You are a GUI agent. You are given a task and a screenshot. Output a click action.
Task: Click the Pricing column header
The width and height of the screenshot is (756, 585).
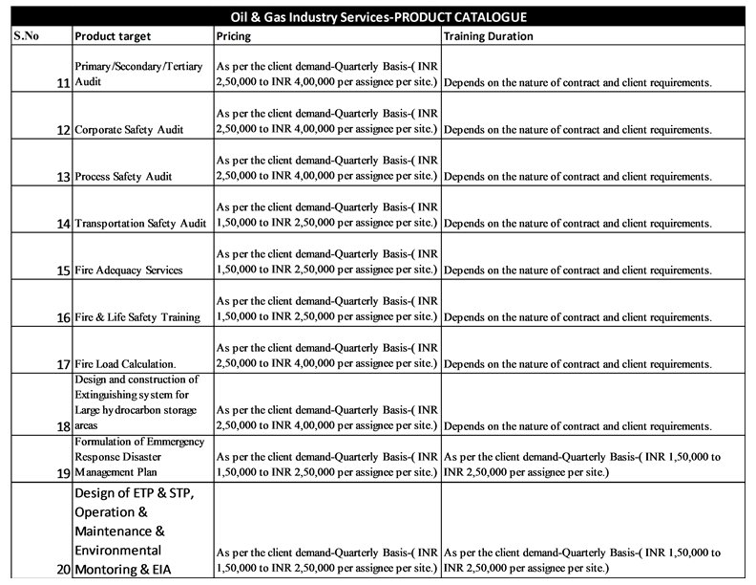pos(235,36)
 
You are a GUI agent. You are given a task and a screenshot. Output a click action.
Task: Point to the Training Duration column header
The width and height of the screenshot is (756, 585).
pos(488,36)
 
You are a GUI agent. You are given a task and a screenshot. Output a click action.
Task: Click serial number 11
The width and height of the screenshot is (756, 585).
pos(62,83)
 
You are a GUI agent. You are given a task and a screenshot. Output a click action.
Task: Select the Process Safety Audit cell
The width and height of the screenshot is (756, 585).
pos(123,176)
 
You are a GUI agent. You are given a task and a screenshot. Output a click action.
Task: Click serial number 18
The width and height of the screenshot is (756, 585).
pos(62,425)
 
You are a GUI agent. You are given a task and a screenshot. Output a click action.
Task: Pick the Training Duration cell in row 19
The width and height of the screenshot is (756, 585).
pos(582,464)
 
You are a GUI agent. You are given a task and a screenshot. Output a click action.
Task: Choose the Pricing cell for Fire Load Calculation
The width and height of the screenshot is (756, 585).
pos(326,356)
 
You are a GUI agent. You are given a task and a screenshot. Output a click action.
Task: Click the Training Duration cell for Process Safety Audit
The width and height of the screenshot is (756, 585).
pos(577,177)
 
